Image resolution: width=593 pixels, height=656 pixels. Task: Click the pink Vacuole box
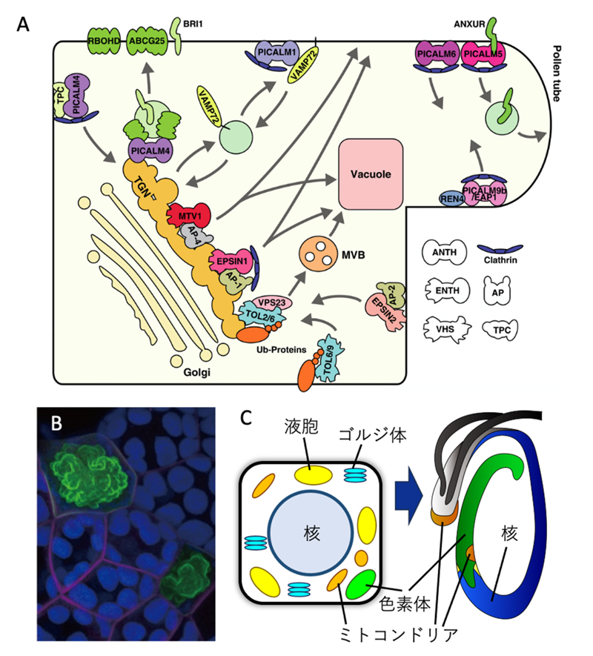click(371, 174)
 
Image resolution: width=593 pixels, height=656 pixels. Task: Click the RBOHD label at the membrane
click(104, 42)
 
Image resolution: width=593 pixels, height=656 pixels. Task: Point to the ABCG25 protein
click(148, 42)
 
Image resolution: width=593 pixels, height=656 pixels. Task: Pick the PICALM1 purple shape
click(277, 53)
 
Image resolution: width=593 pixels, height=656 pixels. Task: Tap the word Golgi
click(195, 374)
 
